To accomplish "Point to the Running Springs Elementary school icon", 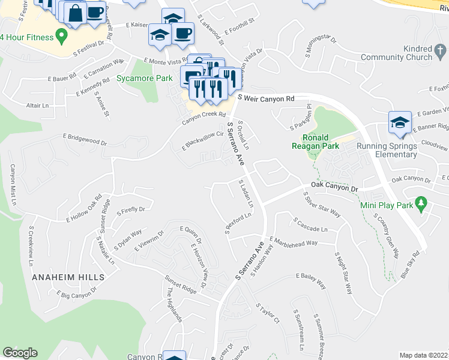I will [x=399, y=122].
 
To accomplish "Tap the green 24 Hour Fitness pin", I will [x=61, y=37].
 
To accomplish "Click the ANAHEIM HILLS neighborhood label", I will [x=68, y=277].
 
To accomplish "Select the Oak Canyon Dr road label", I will [x=334, y=188].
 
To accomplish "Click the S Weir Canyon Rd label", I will [x=266, y=98].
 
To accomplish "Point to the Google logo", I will [x=20, y=353].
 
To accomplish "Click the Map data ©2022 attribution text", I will [x=423, y=355].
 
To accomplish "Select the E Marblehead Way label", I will [x=294, y=242].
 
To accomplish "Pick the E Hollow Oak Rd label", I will [x=84, y=208].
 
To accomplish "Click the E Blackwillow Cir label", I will [x=207, y=141].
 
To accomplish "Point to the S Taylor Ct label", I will [x=268, y=314].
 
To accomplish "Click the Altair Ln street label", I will [x=37, y=105].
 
